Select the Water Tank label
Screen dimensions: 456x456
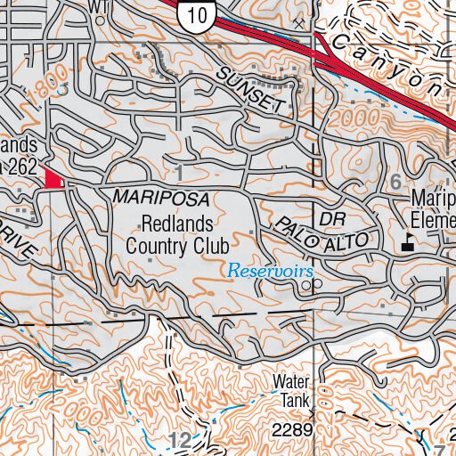point(290,392)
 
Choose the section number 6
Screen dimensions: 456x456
point(396,181)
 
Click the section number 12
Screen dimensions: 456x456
point(178,438)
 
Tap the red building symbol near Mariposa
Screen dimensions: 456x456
point(54,179)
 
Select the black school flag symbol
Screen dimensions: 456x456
point(409,241)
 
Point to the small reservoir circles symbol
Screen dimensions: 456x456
point(309,284)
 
